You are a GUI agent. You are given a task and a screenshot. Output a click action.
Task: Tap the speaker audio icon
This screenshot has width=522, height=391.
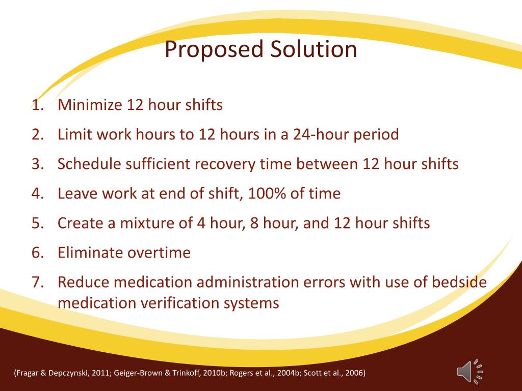coord(469,371)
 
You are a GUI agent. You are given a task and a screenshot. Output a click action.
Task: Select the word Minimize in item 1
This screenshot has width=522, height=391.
coord(90,105)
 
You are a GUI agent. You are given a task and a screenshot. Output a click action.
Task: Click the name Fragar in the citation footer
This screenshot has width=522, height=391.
coord(28,373)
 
